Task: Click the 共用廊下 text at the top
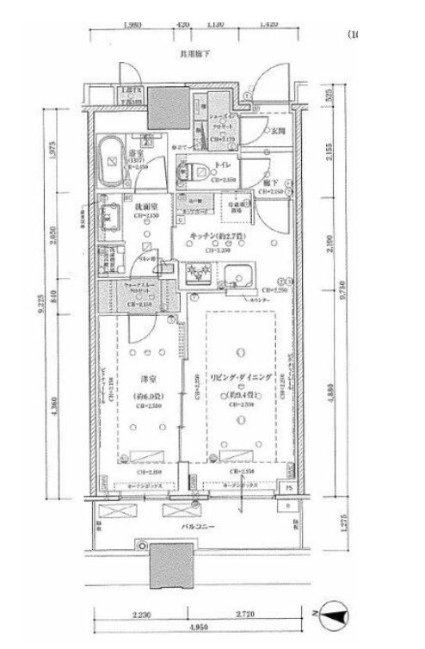click(x=195, y=53)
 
